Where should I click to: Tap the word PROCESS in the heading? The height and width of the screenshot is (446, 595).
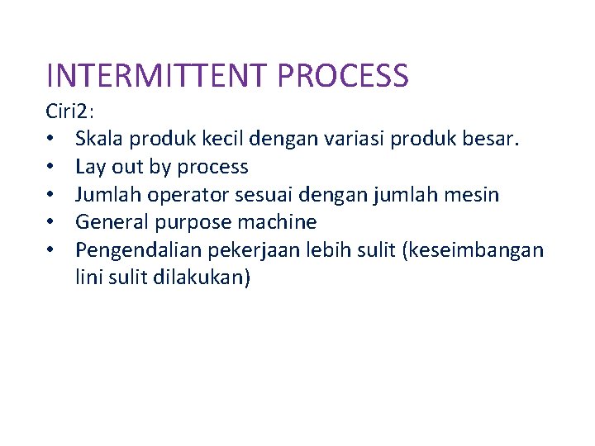pos(344,75)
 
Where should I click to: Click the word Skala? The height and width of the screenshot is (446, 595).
pos(100,140)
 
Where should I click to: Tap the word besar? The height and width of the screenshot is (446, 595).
pos(493,140)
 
